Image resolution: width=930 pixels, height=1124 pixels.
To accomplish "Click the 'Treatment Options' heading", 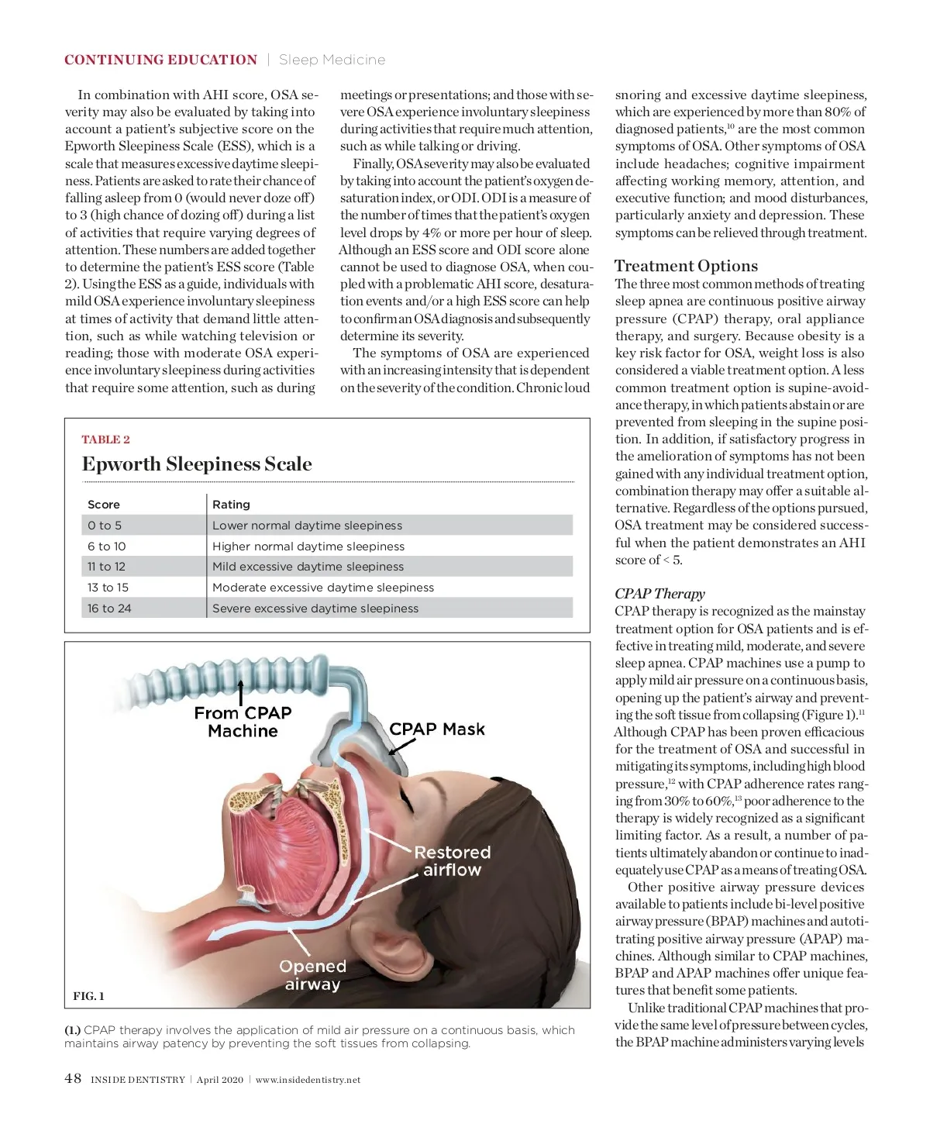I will (686, 266).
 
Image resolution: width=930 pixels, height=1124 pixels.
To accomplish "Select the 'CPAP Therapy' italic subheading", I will (660, 594).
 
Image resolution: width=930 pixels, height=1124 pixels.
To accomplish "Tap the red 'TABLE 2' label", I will (106, 440).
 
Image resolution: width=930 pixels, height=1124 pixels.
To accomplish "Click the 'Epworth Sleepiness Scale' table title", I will (197, 464).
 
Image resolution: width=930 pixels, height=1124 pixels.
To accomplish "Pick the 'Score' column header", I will (104, 505).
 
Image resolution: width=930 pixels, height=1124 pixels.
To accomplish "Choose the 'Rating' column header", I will (231, 505).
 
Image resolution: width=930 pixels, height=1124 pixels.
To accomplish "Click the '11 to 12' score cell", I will (106, 567).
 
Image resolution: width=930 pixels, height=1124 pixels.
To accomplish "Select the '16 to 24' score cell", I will (109, 609).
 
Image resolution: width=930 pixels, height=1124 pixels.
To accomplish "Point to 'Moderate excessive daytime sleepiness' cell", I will (323, 588).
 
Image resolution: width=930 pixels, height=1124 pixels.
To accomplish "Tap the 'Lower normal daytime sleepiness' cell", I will (307, 526).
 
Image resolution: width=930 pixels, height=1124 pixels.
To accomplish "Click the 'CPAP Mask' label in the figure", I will (437, 729).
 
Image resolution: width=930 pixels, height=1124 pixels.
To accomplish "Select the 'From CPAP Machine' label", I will (243, 722).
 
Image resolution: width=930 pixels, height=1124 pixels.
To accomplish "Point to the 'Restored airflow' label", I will (453, 861).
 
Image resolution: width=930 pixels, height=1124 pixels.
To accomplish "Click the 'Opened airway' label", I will (312, 975).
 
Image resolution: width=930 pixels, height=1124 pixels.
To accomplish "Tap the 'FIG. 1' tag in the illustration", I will (88, 996).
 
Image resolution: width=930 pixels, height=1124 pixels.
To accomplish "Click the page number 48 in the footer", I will (73, 1078).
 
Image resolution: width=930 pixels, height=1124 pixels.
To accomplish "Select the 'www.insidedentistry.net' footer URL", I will (308, 1080).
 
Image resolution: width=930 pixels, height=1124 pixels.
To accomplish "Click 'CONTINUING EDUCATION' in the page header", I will (160, 60).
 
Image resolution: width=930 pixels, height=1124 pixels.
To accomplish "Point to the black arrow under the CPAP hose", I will (241, 691).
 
